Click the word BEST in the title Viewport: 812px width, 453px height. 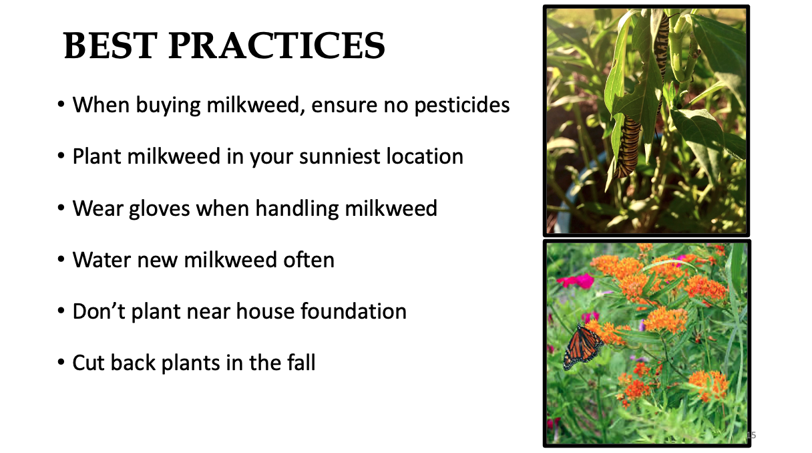coord(111,45)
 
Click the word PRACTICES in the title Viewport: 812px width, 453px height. coord(276,45)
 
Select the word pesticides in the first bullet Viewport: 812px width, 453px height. coord(462,106)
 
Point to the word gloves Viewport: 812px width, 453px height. coord(160,209)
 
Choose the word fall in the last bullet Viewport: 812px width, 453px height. coord(301,363)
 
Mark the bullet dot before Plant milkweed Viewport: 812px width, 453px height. coord(61,156)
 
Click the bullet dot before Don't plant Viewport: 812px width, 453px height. coord(61,311)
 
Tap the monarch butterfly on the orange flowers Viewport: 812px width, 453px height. coord(582,346)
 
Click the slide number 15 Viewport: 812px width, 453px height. coord(751,435)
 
